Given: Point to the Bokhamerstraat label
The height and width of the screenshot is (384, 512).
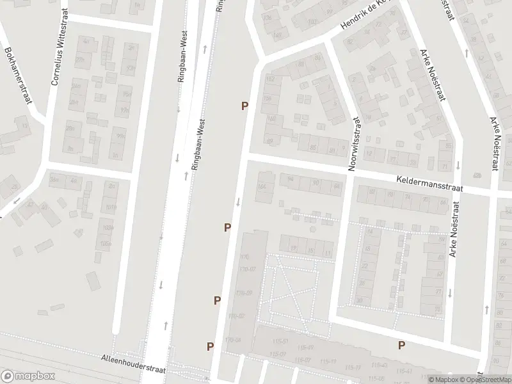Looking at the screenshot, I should [x=17, y=71].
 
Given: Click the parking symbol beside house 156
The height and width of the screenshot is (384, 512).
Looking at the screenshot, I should [x=244, y=106].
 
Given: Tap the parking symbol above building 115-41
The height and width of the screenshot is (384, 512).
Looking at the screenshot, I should [x=401, y=345].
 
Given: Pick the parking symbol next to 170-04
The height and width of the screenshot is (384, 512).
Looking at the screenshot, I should [x=210, y=346].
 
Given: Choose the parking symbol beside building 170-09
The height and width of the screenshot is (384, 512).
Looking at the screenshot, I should [x=218, y=300].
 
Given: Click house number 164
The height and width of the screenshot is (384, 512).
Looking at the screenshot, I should [x=260, y=186].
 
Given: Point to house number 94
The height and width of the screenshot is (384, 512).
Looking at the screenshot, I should [x=291, y=179].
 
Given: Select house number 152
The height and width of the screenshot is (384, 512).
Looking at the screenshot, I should [x=269, y=79].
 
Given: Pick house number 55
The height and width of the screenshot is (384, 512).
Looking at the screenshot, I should [x=449, y=146].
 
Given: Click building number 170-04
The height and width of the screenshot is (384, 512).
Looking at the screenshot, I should [x=233, y=340].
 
